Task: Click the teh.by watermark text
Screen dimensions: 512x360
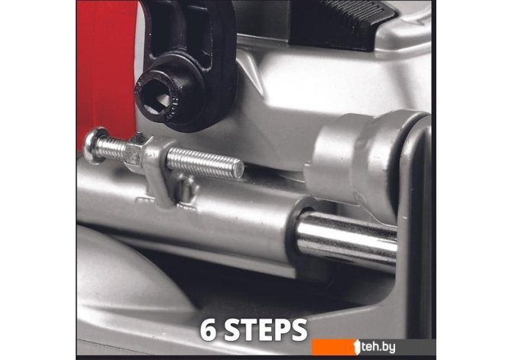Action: click(378, 347)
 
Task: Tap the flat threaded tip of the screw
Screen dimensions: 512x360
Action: click(239, 170)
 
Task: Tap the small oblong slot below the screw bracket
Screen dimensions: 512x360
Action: click(185, 192)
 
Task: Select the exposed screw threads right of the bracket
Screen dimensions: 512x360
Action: click(205, 163)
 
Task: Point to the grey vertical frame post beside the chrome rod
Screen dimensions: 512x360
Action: click(415, 229)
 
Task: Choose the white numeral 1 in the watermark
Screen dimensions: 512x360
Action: click(357, 346)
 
